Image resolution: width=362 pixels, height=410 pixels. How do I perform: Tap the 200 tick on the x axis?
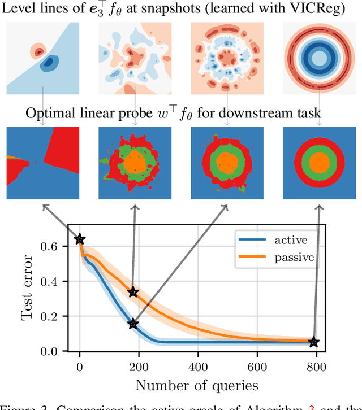tap(139, 368)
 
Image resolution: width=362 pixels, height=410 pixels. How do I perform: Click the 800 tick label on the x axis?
tap(317, 368)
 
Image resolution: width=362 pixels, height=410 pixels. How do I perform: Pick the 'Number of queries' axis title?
tap(197, 386)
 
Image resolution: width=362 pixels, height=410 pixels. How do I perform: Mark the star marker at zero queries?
tap(80, 239)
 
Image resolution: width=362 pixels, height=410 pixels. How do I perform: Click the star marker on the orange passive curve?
tap(133, 292)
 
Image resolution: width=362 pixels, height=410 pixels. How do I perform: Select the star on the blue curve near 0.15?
tap(133, 324)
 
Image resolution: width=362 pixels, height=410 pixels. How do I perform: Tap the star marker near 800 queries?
tap(314, 342)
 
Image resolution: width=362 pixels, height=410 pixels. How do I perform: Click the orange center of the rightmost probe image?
tap(320, 163)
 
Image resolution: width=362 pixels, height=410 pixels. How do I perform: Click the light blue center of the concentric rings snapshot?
tap(320, 58)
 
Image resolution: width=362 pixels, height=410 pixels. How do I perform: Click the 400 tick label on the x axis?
tap(198, 368)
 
